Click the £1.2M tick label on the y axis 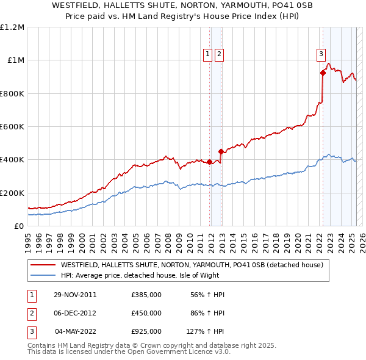click(x=12, y=27)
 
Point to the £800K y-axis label click(x=12, y=94)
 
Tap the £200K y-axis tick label click(x=12, y=193)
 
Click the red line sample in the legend click(x=43, y=265)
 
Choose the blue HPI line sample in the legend click(x=43, y=275)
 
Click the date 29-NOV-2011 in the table click(x=75, y=295)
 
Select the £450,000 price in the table click(x=146, y=313)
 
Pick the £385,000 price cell click(x=146, y=295)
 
